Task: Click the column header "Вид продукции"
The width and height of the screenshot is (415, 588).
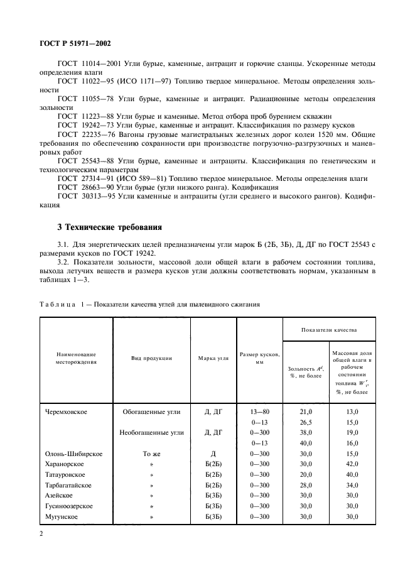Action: pos(152,358)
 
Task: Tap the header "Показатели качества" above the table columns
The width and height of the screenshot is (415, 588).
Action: pos(328,329)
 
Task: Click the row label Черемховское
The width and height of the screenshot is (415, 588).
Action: pos(66,411)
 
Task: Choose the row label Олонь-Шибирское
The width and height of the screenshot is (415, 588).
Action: pos(74,454)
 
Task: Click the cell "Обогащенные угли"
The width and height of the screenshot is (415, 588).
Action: pos(152,411)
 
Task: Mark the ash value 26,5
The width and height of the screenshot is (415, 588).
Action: pos(304,422)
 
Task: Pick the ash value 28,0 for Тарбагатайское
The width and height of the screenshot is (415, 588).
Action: pos(304,485)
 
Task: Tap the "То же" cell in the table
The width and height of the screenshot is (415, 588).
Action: pos(152,454)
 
